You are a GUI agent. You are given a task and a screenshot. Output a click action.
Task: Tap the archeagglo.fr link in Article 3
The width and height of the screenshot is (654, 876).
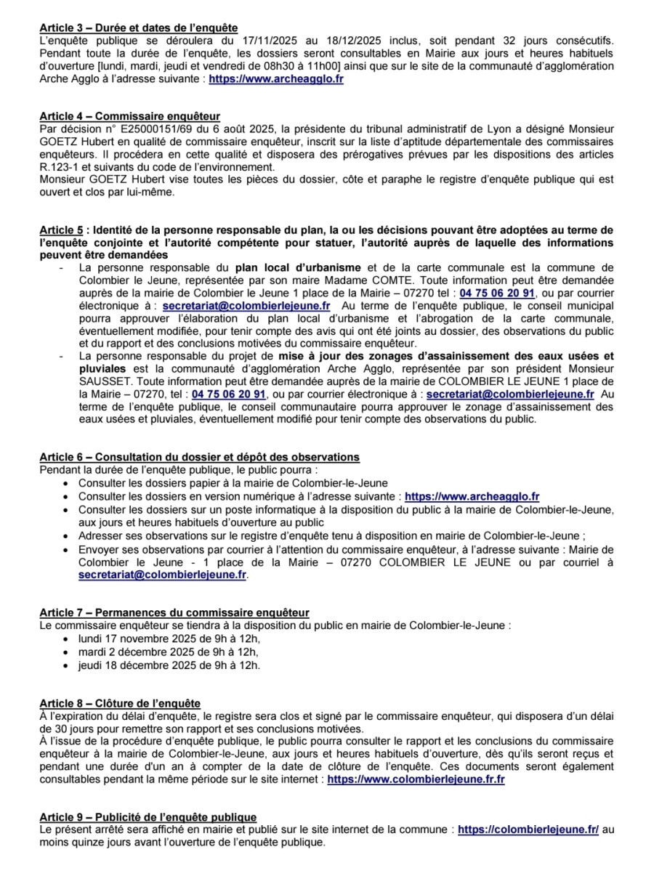coord(276,80)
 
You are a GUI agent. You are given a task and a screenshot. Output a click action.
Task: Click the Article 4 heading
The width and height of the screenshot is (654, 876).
coord(130,116)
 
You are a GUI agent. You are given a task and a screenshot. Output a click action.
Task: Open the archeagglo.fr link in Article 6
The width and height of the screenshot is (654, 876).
coord(472,497)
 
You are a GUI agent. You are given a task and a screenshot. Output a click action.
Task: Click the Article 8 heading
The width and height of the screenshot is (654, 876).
coord(120,703)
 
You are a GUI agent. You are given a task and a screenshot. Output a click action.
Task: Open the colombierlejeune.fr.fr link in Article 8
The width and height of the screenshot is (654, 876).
coord(416,779)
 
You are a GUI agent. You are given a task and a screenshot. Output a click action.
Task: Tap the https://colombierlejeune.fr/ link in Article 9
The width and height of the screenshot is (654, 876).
coord(528,830)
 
